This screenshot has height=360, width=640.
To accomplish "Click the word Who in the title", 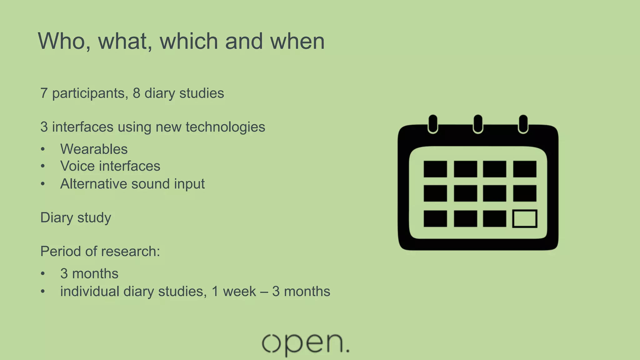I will coord(62,41).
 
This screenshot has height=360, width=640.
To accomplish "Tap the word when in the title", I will coord(297,41).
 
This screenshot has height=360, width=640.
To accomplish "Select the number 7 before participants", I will coord(44,93).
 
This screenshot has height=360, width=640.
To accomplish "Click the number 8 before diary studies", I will coord(137,93).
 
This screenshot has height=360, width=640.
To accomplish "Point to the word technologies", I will coord(225,127).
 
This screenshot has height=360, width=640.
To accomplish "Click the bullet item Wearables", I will coord(94,149).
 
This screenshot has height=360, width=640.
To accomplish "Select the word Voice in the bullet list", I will coord(77,166).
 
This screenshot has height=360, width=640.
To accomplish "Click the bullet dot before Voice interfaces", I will coord(43,166).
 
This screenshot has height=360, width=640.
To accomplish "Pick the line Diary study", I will coord(76,217).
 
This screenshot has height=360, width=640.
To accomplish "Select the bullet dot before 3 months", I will coord(43,274).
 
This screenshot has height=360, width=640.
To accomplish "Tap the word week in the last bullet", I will coord(239,291).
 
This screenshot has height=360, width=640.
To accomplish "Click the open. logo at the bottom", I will coord(305,344).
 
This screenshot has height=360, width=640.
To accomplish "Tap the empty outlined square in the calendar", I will coord(525,218).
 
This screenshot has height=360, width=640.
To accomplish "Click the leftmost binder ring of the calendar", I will coord(433,124).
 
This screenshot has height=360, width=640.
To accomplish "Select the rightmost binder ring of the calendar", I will coord(523,124).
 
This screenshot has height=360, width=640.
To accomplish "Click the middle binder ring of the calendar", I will coord(478,124).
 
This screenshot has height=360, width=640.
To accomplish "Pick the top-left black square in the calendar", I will coord(435,169).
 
